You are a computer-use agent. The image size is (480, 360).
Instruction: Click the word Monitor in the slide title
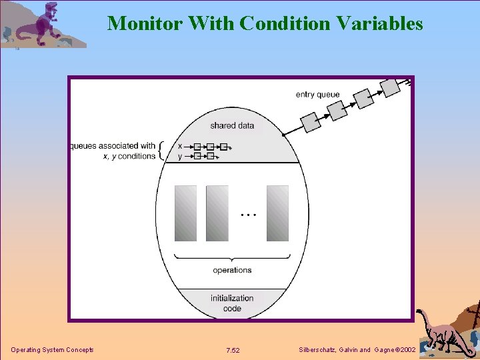tap(145, 23)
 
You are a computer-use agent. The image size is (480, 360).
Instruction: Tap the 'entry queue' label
tap(317, 95)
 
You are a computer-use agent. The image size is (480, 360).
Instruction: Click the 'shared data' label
tap(232, 125)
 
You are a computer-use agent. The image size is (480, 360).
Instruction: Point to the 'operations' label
tap(232, 270)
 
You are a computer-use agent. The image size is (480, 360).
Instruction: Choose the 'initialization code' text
tap(232, 303)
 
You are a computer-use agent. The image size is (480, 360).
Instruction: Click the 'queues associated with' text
tap(113, 146)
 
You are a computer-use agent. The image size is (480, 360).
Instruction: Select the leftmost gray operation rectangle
tap(185, 213)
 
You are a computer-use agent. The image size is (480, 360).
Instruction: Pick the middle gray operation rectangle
tap(217, 213)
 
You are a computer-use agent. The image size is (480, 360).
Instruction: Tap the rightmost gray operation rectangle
tap(277, 213)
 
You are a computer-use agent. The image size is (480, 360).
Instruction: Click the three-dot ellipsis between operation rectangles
tap(247, 215)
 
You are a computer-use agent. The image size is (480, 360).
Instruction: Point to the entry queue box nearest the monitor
tap(311, 122)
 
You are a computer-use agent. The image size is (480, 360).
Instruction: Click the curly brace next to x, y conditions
tap(161, 151)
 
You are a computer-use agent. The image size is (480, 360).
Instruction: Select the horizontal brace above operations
tap(232, 257)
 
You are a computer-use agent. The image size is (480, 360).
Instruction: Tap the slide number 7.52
tap(233, 350)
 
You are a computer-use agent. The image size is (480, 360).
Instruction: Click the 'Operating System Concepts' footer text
tap(52, 350)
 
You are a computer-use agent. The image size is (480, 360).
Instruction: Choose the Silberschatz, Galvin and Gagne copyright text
tap(358, 350)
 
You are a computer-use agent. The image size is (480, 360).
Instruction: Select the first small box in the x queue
tap(197, 146)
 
